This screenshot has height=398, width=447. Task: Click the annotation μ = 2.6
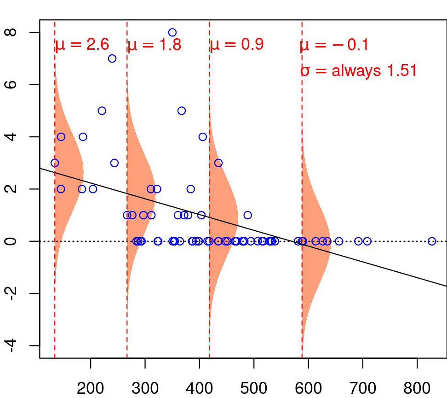point(82,45)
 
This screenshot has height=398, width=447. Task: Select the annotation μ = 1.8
point(154,45)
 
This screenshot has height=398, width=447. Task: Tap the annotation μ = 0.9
point(236,45)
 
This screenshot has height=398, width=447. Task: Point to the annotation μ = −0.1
point(334,45)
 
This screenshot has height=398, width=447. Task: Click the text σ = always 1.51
point(359,71)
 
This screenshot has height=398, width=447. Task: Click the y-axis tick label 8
point(13,33)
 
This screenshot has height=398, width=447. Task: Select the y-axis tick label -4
point(13,345)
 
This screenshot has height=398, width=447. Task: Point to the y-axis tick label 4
point(13,137)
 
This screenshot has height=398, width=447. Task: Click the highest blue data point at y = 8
point(172,32)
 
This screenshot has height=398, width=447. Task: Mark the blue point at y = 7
point(112,59)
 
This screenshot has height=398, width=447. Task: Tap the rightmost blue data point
point(432,241)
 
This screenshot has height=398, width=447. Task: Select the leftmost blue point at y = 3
point(55,163)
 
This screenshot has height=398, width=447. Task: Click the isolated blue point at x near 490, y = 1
point(248,215)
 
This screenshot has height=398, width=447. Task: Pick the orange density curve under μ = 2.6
point(69,175)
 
